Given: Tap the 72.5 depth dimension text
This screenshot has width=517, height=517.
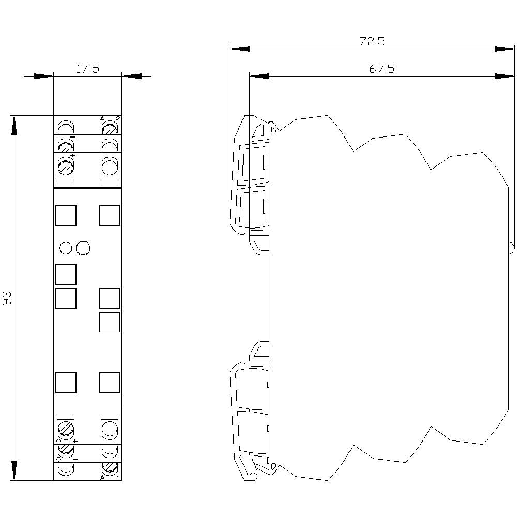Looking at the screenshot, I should pyautogui.click(x=372, y=42).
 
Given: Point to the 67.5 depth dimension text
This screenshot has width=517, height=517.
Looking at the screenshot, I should pyautogui.click(x=382, y=69).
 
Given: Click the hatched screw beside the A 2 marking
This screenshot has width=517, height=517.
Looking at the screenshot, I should pyautogui.click(x=109, y=127).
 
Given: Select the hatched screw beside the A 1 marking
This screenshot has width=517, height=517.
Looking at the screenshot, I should pyautogui.click(x=109, y=468).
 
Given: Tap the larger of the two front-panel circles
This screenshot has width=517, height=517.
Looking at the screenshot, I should pyautogui.click(x=83, y=249).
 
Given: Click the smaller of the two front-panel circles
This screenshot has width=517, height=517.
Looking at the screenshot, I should pyautogui.click(x=66, y=249).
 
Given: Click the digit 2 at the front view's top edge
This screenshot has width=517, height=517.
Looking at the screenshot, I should pyautogui.click(x=118, y=119).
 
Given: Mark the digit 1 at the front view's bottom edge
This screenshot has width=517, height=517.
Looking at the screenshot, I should pyautogui.click(x=118, y=477).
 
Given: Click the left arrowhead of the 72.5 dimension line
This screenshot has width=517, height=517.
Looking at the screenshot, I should pyautogui.click(x=239, y=49).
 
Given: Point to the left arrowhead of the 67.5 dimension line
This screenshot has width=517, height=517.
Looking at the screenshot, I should pyautogui.click(x=259, y=76).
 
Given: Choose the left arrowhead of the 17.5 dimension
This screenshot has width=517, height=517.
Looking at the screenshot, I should pyautogui.click(x=43, y=76).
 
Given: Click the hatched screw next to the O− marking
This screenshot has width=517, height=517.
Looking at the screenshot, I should pyautogui.click(x=66, y=449).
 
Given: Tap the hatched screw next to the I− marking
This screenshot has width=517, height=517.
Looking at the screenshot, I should pyautogui.click(x=66, y=146).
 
